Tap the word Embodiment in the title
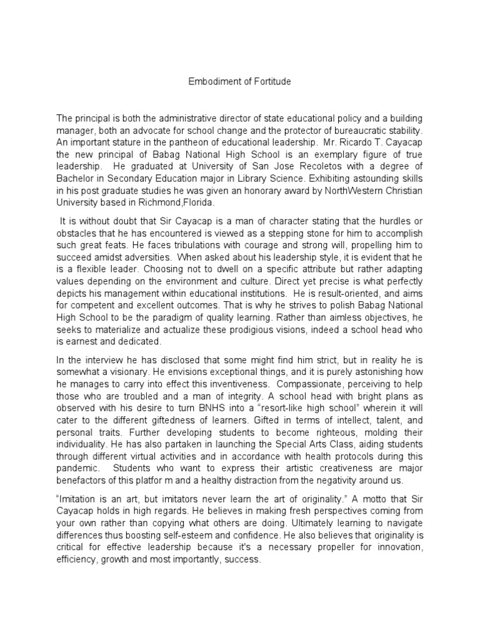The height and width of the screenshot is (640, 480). pyautogui.click(x=214, y=82)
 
